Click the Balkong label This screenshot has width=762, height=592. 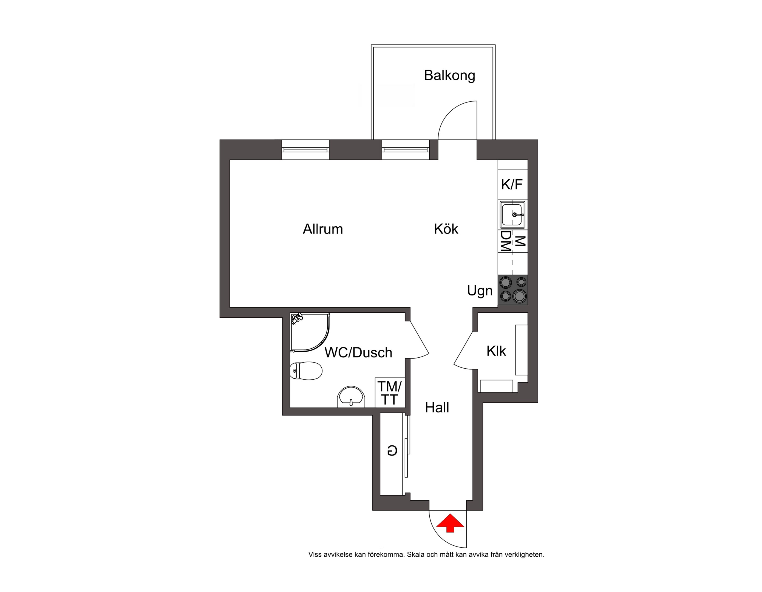(449, 76)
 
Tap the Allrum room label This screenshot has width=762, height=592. (323, 229)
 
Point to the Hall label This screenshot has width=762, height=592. (437, 407)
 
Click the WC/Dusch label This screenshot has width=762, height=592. (358, 352)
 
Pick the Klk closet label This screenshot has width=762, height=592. (496, 351)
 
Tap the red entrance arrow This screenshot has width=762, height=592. (451, 523)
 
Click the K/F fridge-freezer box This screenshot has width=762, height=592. (512, 184)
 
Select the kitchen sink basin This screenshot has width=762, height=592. (512, 215)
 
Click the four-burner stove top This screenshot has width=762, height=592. (512, 290)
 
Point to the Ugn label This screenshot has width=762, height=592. (480, 291)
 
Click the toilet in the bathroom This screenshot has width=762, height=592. (306, 371)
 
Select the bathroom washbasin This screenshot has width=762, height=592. (351, 397)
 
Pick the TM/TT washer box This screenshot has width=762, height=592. (390, 392)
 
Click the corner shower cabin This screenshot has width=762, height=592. (310, 332)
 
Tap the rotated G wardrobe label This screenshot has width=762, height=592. (392, 451)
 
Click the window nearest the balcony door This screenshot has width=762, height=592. (406, 150)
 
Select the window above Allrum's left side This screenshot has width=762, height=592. (305, 150)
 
